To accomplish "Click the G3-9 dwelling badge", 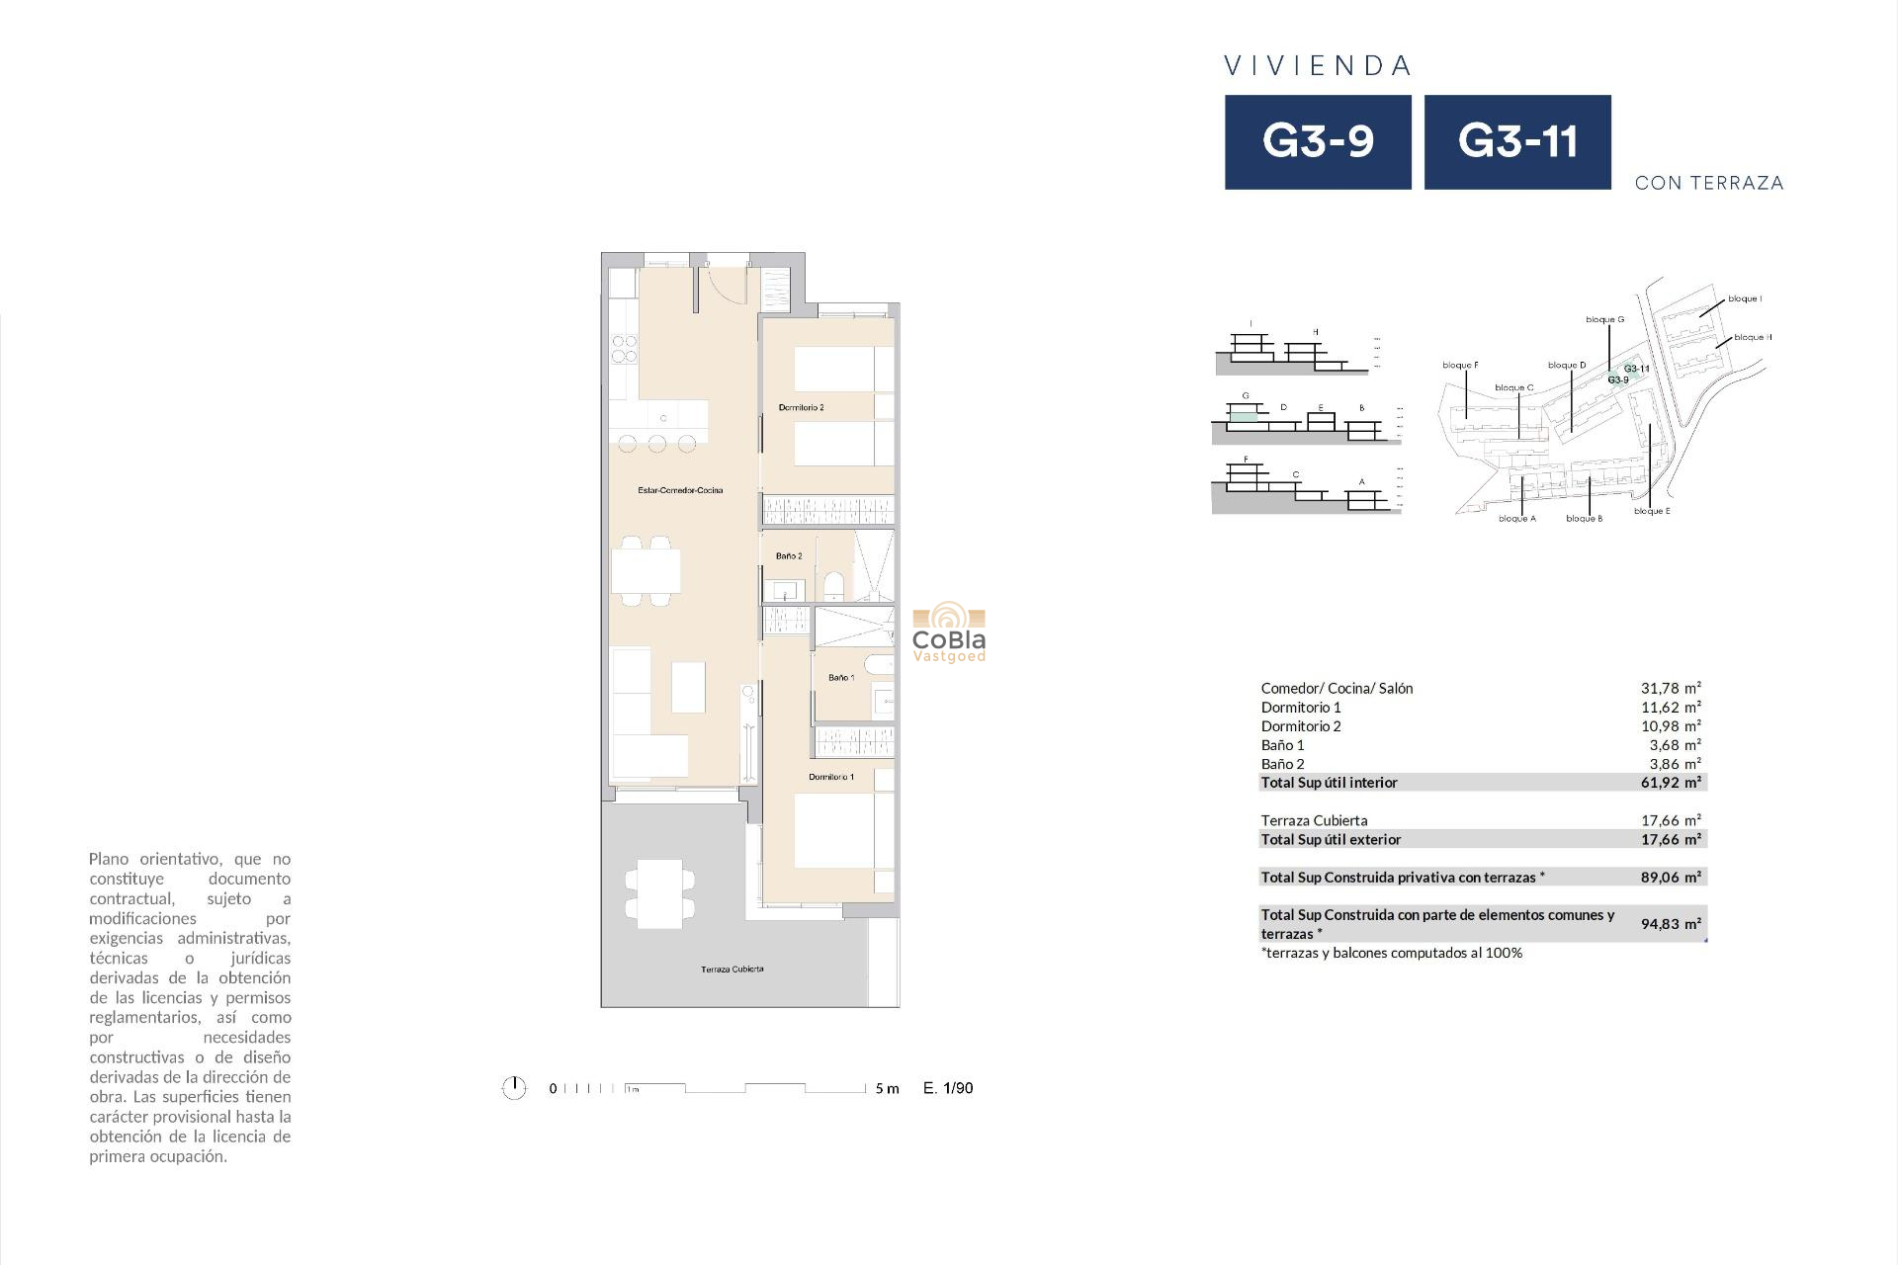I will tap(1318, 142).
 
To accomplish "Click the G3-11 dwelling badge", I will tap(1517, 142).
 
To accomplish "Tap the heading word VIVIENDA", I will tap(1318, 66).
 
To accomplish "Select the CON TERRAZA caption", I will tap(1709, 183).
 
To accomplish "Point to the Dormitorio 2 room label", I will tap(801, 407).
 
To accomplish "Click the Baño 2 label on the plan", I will tap(789, 556).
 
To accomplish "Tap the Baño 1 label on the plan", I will tap(841, 678).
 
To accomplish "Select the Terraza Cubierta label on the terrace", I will tap(732, 970).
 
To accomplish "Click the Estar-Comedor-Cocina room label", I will tap(680, 490).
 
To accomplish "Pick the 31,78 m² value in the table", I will tap(1671, 688).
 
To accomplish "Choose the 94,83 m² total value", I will tap(1671, 924).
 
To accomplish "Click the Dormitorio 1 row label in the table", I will tap(1301, 707).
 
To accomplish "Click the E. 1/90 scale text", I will tap(948, 1088).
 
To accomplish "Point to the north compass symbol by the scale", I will tap(514, 1088).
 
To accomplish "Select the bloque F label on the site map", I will tap(1460, 366).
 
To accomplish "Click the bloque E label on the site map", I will tap(1652, 511).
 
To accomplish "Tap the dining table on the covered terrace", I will tap(659, 893).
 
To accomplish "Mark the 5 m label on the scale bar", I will tap(887, 1089).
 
